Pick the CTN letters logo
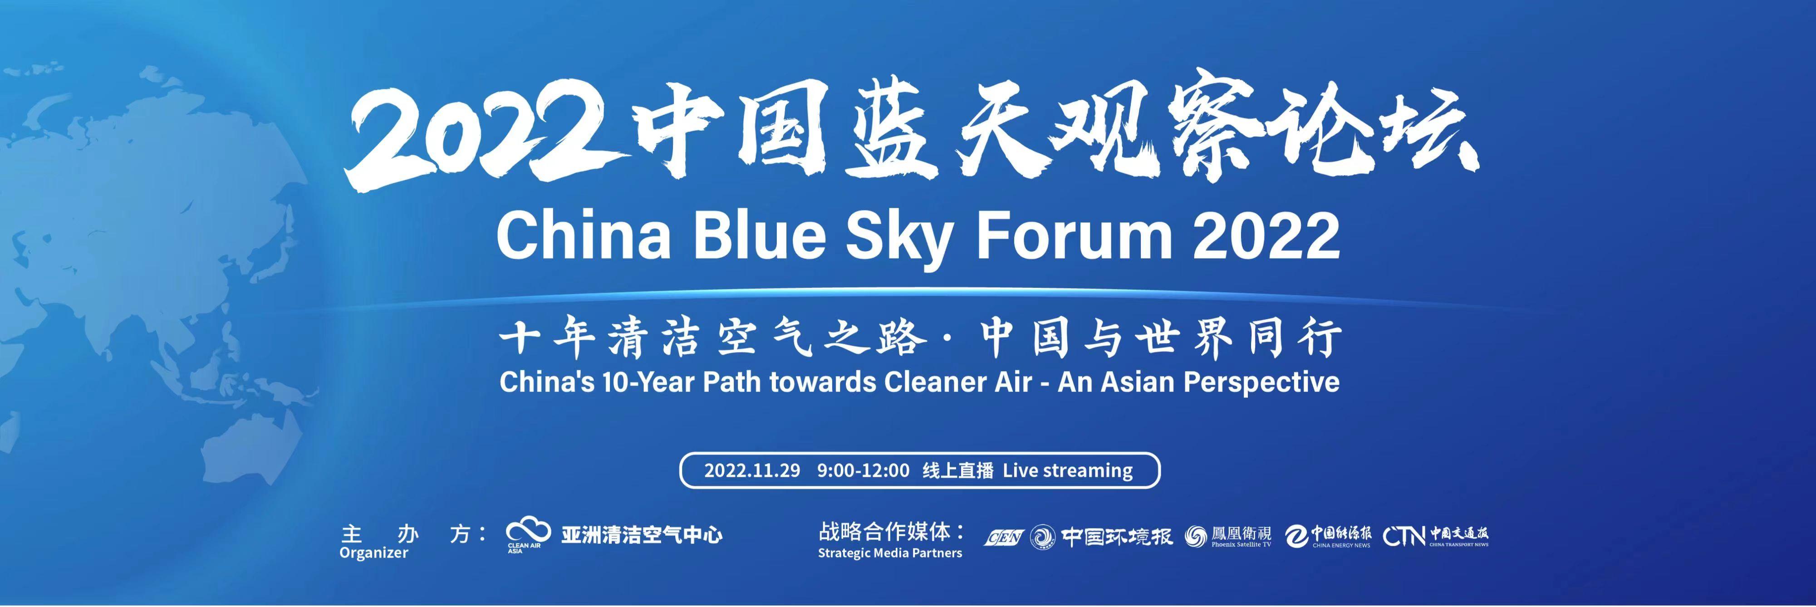click(x=1405, y=537)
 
